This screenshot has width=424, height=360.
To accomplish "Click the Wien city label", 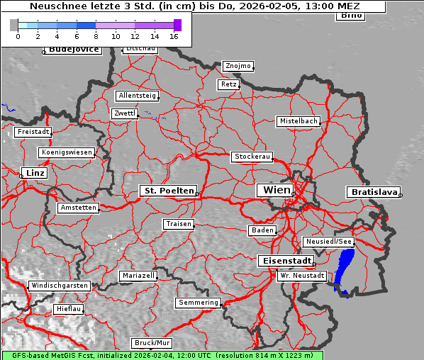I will pos(276,190).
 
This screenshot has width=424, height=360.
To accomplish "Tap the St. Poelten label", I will pos(167,191).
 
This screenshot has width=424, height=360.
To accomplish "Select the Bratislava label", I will pos(372,192).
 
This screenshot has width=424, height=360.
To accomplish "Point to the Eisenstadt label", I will pos(284,261).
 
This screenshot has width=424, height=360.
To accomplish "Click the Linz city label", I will pos(33,173).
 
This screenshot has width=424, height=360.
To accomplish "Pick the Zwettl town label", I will pos(124,113).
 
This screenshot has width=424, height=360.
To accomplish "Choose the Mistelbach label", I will pos(298,121).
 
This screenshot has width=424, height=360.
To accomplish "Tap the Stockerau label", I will pos(252,157).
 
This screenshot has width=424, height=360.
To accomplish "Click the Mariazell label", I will pos(138,275).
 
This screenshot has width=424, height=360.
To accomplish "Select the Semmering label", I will pos(199,303).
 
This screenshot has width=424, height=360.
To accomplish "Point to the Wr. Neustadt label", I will pos(302,275).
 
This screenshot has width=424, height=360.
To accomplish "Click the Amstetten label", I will pos(78,208).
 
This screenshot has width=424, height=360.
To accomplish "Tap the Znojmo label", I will pos(238,66).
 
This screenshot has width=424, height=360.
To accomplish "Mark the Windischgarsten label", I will pos(60,286).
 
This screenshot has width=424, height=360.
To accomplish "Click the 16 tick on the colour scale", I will pos(174,35).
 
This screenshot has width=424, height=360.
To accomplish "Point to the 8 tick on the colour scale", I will pos(96,35).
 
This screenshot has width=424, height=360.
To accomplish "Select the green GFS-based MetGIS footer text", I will pos(162,355).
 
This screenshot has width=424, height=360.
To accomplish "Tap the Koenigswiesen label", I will pos(67,152).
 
